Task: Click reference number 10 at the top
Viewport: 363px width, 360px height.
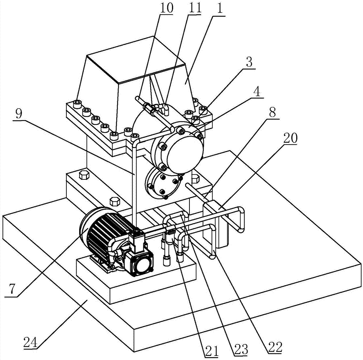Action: (166, 8)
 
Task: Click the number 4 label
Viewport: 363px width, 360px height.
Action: (257, 92)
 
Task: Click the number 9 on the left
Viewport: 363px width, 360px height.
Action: (20, 114)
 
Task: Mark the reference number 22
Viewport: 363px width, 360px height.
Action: (275, 347)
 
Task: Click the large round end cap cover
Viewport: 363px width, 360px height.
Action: (185, 154)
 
